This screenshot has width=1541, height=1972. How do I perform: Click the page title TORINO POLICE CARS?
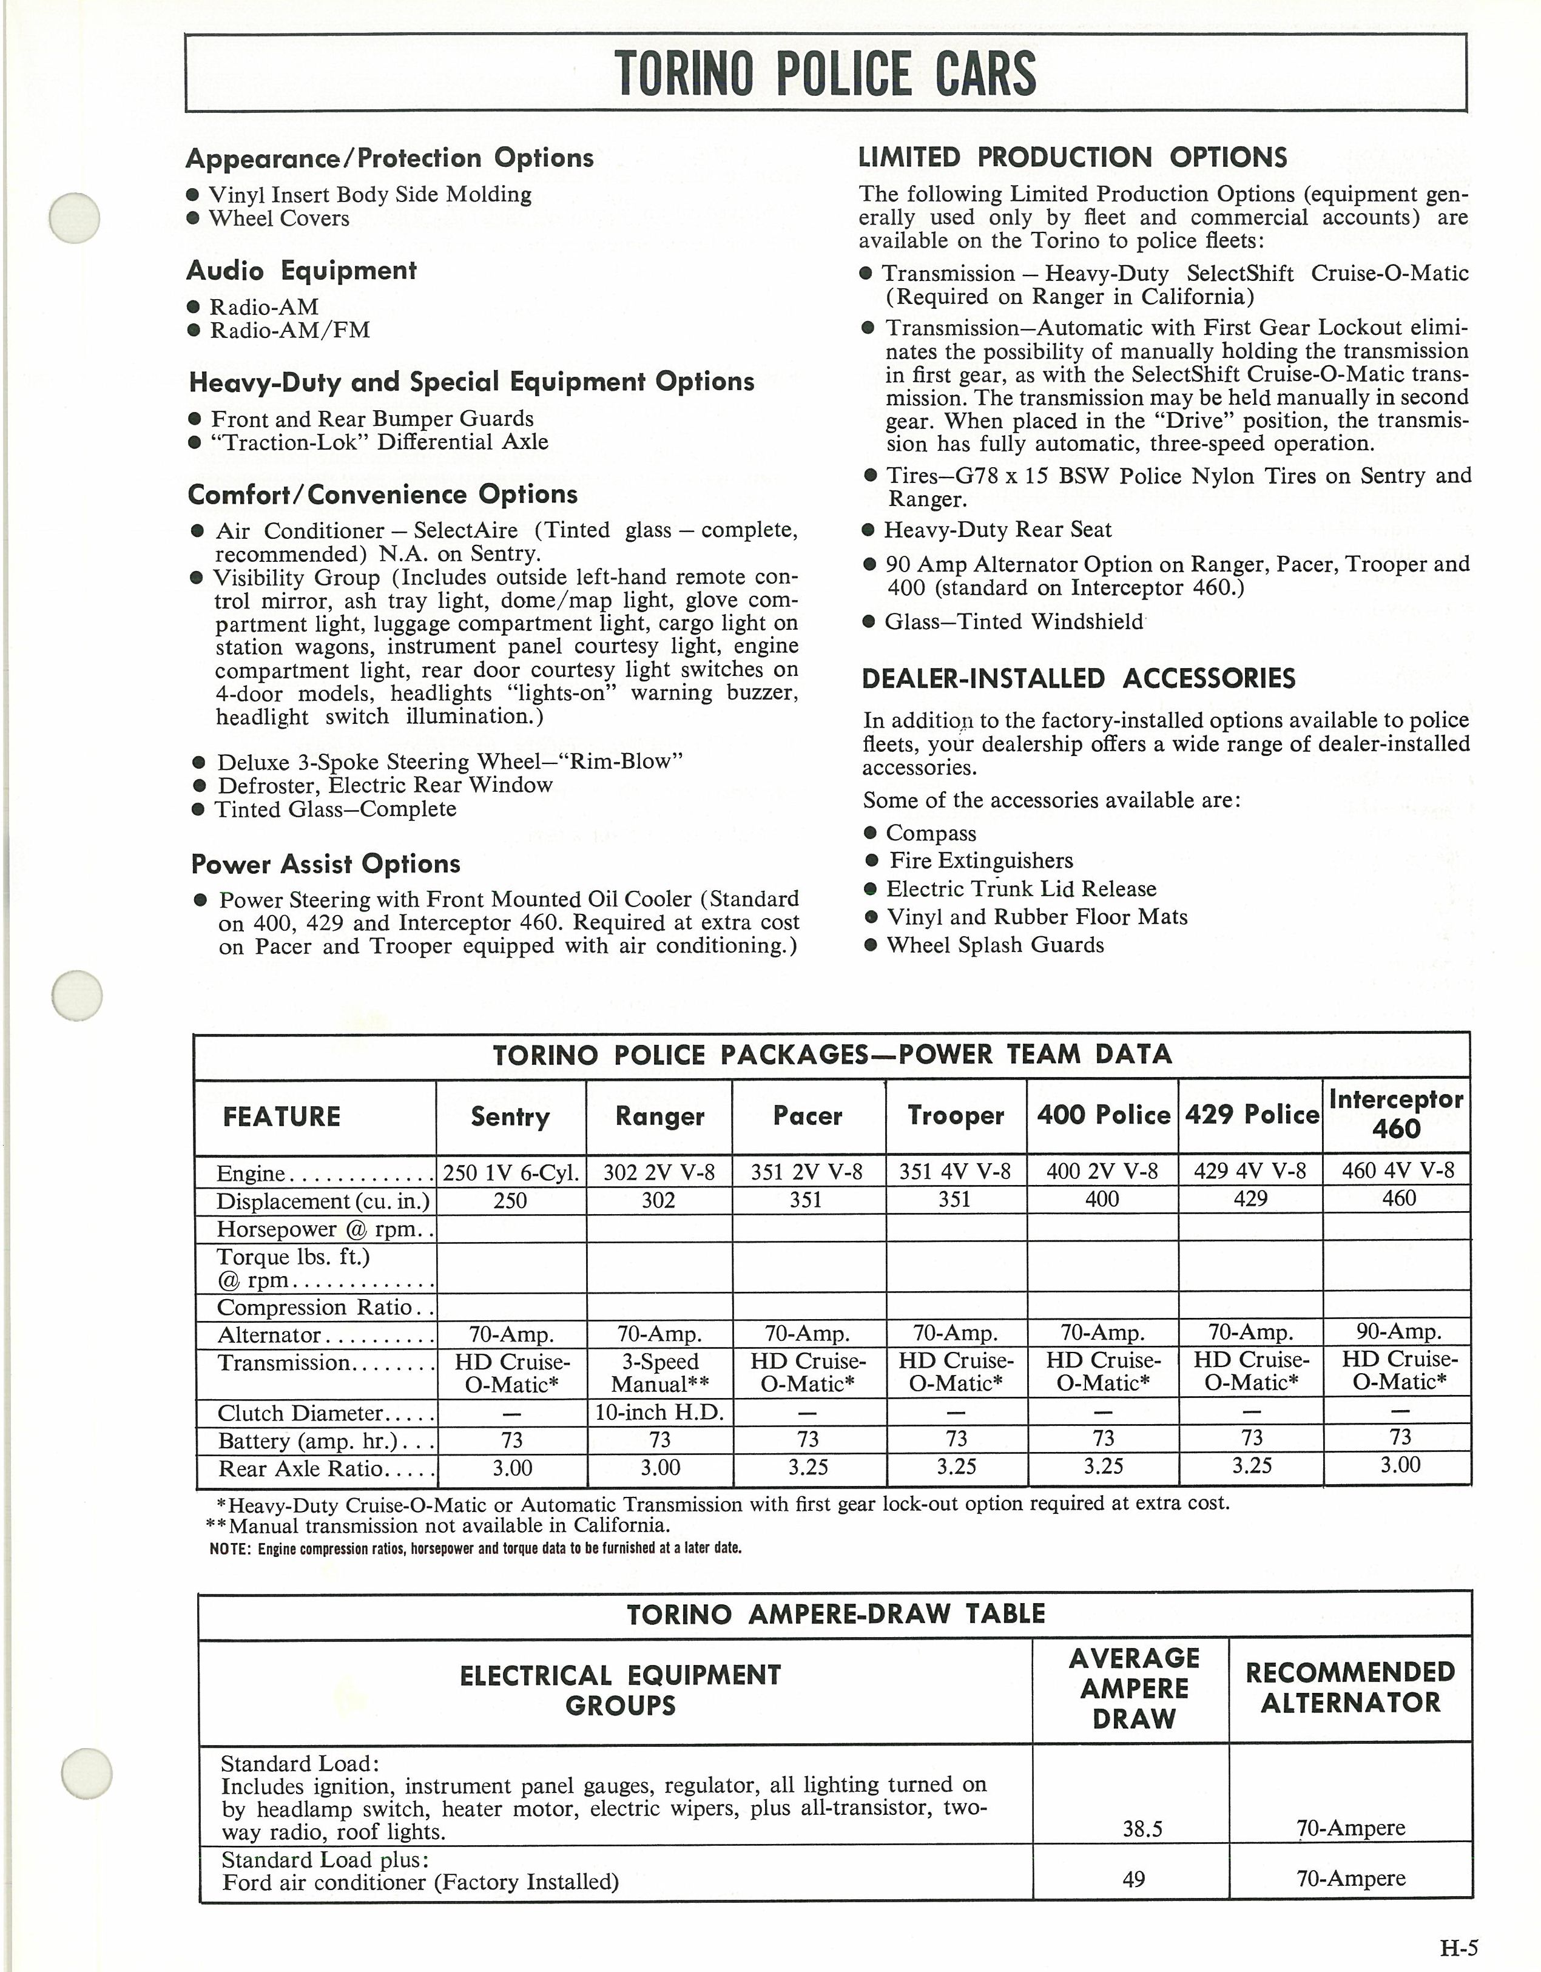tap(824, 73)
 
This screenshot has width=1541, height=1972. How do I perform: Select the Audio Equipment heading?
tap(302, 271)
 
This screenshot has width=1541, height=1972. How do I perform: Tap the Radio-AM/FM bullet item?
tap(289, 331)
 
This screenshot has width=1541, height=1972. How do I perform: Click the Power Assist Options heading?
tap(325, 864)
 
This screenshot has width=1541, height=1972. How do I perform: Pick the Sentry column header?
tap(510, 1117)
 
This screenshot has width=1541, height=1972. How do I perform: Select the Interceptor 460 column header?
tap(1395, 1113)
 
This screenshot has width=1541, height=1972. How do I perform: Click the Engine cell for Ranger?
tap(659, 1172)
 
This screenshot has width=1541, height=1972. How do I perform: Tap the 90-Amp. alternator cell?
tap(1398, 1332)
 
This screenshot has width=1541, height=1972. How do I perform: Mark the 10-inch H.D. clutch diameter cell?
tap(659, 1412)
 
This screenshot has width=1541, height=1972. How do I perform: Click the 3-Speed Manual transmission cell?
tap(659, 1373)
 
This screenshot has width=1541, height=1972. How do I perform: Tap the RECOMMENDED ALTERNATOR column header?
tap(1350, 1687)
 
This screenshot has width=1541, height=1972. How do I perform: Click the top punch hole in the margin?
tap(75, 218)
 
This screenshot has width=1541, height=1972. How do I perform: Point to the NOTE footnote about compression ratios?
tap(476, 1548)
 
